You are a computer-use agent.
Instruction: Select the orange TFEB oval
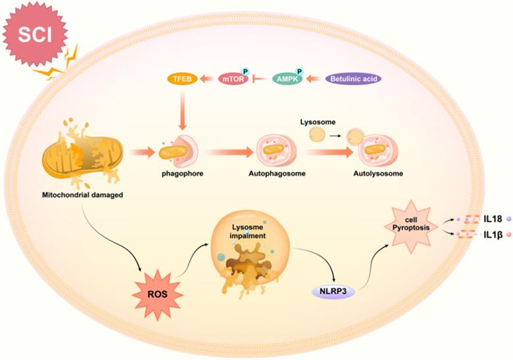point(180,79)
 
